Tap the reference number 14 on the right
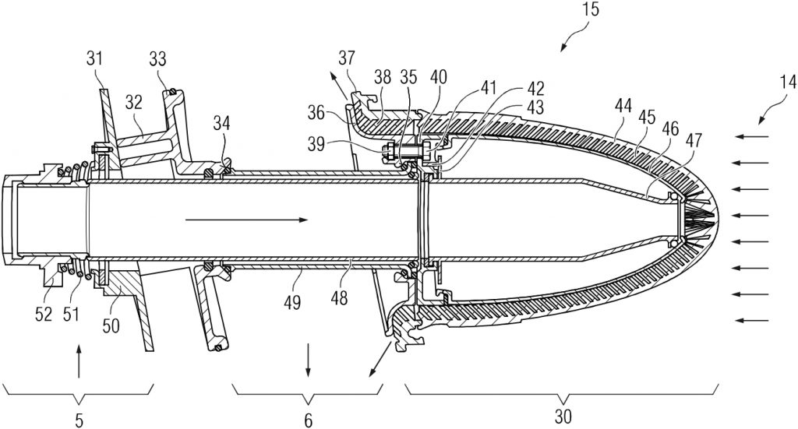[x=787, y=82]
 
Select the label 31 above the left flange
[x=94, y=58]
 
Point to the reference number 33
[x=157, y=59]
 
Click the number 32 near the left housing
[x=134, y=103]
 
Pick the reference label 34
[x=222, y=122]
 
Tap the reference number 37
[x=347, y=58]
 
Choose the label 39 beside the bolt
[x=316, y=145]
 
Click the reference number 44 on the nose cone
[x=623, y=106]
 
